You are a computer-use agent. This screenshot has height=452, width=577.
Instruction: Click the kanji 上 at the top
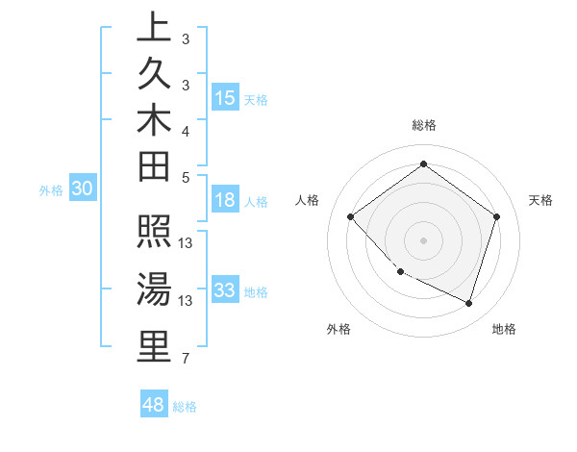click(154, 26)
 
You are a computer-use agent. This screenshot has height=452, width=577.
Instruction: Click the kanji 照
click(154, 234)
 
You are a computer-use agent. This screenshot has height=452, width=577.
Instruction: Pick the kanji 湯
click(154, 289)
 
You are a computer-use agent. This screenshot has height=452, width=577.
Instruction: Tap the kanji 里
click(154, 346)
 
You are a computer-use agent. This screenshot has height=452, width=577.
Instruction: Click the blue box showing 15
click(225, 97)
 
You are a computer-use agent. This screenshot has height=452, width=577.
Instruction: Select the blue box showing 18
click(225, 200)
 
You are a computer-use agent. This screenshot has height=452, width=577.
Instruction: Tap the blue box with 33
click(225, 290)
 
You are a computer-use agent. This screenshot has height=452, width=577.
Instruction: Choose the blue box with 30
click(83, 189)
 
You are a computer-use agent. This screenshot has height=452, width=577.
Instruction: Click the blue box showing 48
click(154, 405)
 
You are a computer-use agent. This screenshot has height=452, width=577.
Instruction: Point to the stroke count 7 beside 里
click(185, 360)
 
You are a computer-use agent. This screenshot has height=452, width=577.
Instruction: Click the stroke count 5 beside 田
click(186, 177)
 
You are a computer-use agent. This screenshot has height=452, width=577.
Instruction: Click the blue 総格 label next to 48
click(185, 407)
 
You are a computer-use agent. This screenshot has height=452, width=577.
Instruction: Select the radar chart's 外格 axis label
click(339, 330)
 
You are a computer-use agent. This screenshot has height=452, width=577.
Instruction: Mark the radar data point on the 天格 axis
click(496, 216)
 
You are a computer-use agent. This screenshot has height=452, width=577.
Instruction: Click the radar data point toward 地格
click(468, 303)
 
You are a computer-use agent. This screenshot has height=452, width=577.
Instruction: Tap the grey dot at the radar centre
click(423, 239)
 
